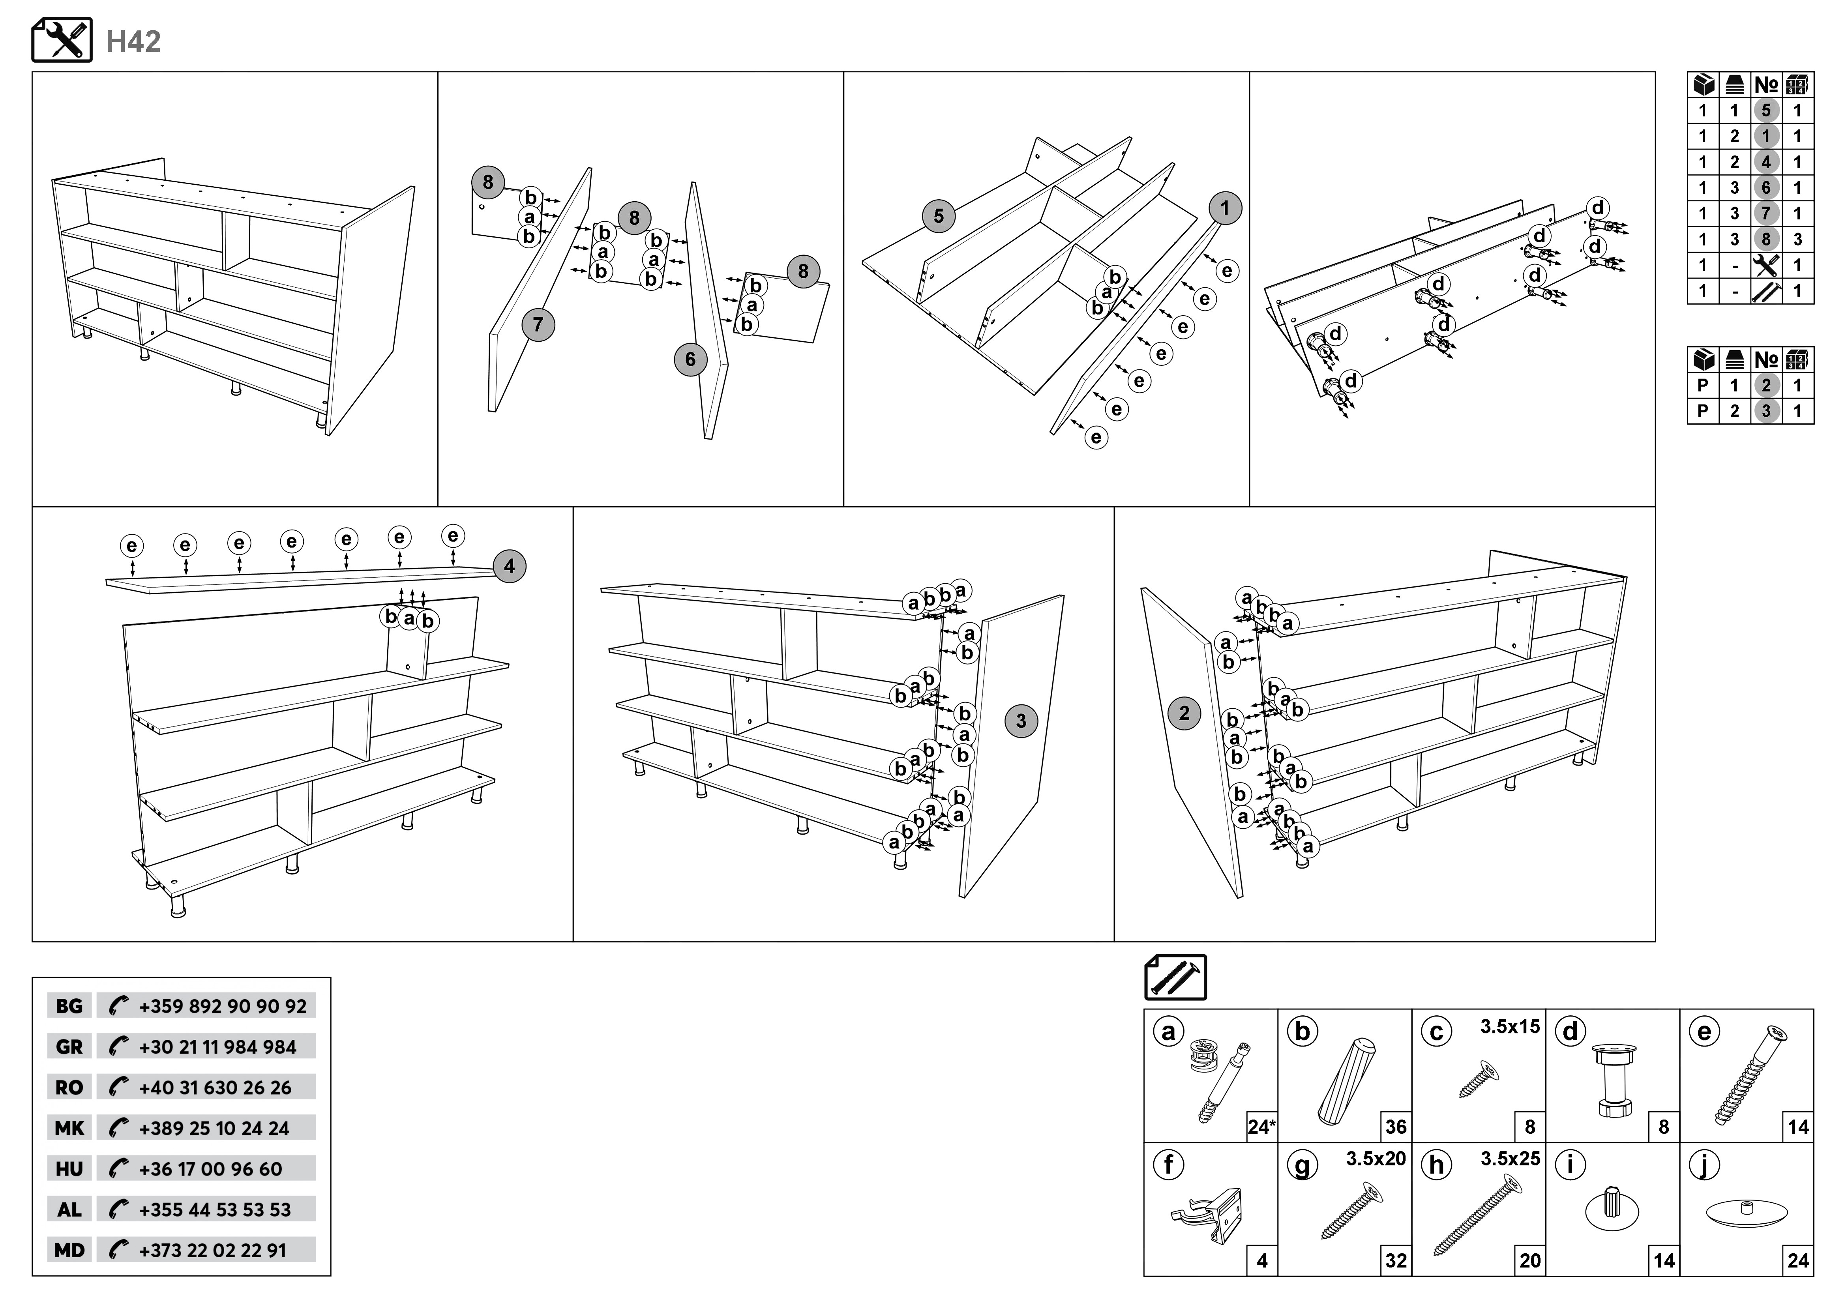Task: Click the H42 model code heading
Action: (x=133, y=42)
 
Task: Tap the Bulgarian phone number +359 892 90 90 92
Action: (x=222, y=1007)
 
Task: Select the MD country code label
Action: (x=69, y=1250)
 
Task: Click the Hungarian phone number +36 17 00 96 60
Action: (x=211, y=1169)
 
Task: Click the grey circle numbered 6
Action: (x=690, y=359)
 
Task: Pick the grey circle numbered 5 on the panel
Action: (x=938, y=216)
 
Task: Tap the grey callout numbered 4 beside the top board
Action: (x=509, y=566)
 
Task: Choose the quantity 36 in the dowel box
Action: (x=1396, y=1127)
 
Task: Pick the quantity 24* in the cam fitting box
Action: (x=1261, y=1127)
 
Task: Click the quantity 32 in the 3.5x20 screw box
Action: (x=1396, y=1261)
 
